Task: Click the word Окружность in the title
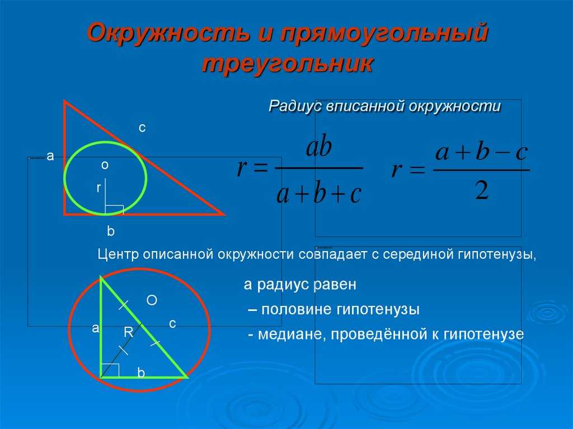[168, 34]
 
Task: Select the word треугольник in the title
[288, 64]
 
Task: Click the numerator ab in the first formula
[319, 147]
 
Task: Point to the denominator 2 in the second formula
[482, 190]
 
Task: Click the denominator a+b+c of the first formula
[319, 194]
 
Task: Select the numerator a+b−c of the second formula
[482, 152]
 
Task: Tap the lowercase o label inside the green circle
[105, 165]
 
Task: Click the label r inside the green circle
[98, 188]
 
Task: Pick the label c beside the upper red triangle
[142, 128]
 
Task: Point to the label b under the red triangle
[110, 231]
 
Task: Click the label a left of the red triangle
[50, 156]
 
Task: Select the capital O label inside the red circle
[152, 300]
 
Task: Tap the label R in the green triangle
[129, 332]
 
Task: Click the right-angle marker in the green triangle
[110, 370]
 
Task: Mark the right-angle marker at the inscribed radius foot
[114, 210]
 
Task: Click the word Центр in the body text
[119, 254]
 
